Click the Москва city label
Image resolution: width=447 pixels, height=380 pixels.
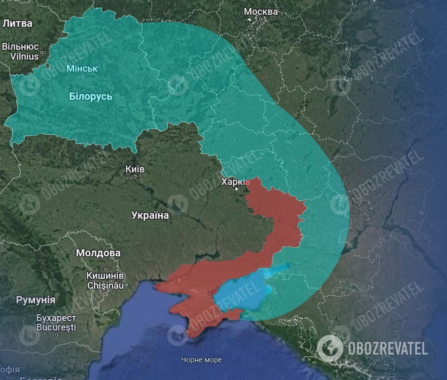pos(261,11)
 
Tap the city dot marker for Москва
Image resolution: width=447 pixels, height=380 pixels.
pos(261,19)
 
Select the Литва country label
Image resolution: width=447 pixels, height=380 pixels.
pos(17,23)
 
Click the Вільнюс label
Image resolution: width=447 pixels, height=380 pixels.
pos(21,47)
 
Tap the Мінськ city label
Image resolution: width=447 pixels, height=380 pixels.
pos(82,68)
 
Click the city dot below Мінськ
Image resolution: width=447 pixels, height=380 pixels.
pos(82,76)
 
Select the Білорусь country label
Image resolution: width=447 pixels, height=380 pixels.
pos(91,96)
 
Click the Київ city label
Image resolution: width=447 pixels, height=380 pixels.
pos(135,169)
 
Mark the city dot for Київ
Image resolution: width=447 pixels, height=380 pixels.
pos(135,176)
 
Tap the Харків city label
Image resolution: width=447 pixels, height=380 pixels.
pos(236,182)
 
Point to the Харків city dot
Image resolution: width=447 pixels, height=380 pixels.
pos(236,189)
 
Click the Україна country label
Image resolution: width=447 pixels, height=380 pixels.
pos(150,215)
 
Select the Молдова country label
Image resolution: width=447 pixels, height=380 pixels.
pos(98,253)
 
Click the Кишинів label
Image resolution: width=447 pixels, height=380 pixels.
pos(105,275)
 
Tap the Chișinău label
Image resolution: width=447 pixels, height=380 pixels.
pos(105,285)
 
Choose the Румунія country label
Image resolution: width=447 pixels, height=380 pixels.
pos(36,300)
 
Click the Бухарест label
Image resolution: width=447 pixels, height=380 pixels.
pos(57,318)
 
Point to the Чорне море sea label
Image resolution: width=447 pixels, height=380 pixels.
pos(201,359)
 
